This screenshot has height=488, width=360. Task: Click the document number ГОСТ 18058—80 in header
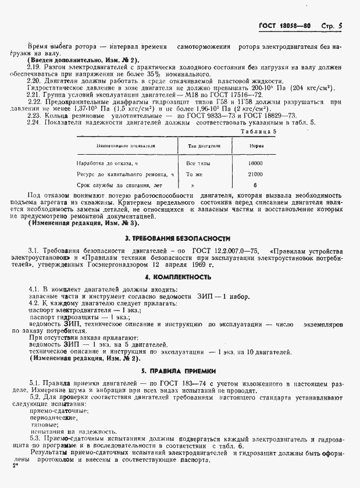click(284, 26)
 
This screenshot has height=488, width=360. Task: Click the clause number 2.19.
click(33, 68)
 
